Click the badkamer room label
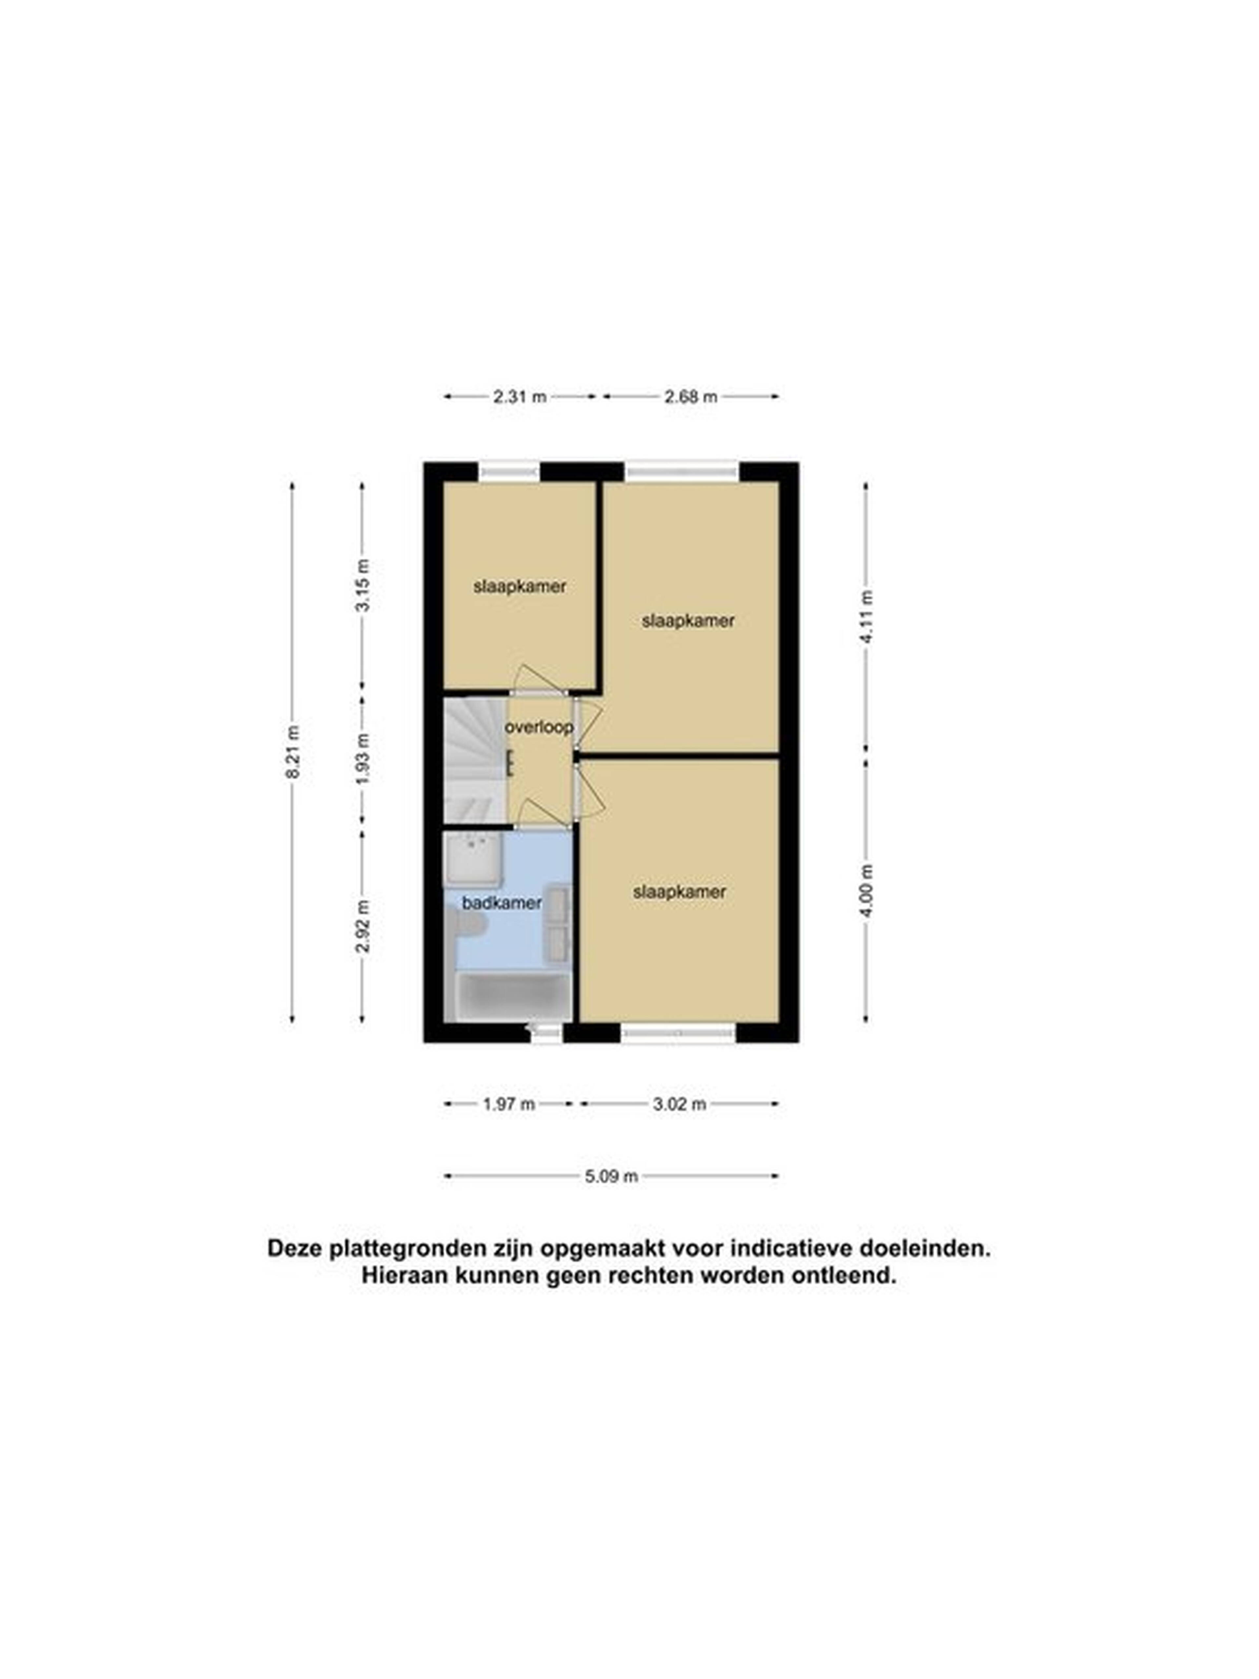click(x=502, y=902)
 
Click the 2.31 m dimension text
click(x=520, y=396)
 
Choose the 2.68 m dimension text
click(x=690, y=396)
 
